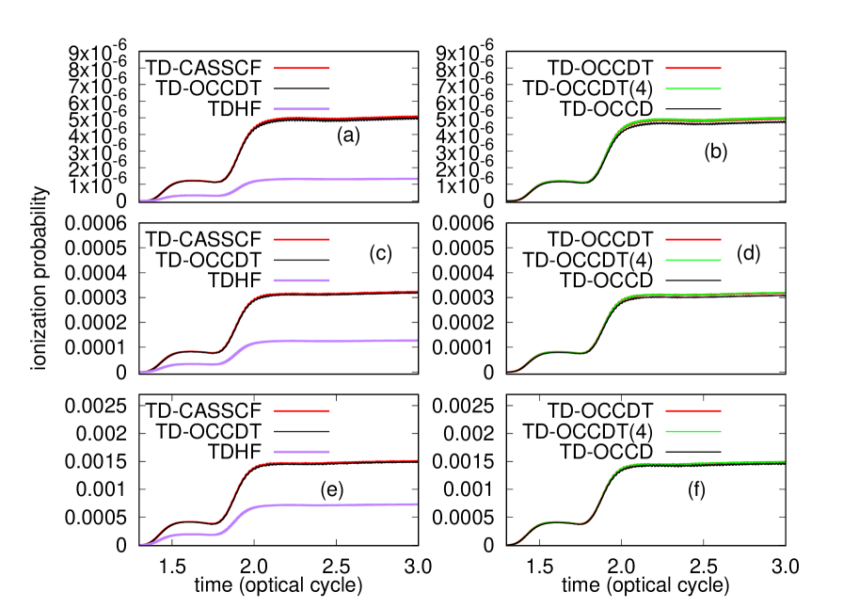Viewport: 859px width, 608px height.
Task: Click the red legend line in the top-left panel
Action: pos(302,68)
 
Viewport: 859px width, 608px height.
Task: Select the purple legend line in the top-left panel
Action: pos(302,109)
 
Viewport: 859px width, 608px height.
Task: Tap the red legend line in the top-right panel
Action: pos(693,68)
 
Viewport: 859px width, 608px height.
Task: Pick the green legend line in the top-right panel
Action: pos(693,88)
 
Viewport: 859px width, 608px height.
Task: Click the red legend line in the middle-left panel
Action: pos(302,239)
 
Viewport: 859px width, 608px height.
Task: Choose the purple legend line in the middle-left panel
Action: pos(302,280)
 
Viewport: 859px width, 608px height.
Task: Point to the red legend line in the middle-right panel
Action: pos(693,239)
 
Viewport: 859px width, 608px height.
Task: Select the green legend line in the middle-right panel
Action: pos(693,260)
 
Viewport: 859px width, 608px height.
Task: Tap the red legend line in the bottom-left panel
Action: pos(302,410)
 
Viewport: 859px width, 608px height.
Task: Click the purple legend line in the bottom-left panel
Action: pos(302,452)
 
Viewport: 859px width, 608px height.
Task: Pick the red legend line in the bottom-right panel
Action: pos(693,410)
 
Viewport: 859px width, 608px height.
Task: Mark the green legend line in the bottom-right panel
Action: pos(693,431)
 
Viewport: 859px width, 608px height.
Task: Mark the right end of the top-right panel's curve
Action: pos(783,119)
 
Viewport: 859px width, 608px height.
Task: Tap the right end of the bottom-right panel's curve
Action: pos(783,462)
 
